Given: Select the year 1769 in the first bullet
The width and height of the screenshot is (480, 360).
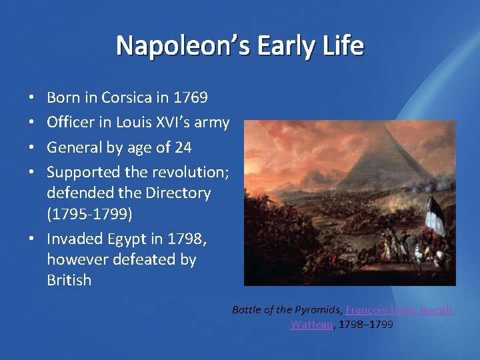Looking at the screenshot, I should click(x=190, y=98).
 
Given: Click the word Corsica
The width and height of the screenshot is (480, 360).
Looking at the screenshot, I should click(x=126, y=98).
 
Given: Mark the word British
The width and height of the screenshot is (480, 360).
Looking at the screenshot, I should click(x=69, y=280).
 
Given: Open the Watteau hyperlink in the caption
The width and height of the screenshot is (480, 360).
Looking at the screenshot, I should click(x=311, y=325).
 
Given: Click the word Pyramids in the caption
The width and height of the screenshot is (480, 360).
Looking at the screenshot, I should click(x=317, y=310).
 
